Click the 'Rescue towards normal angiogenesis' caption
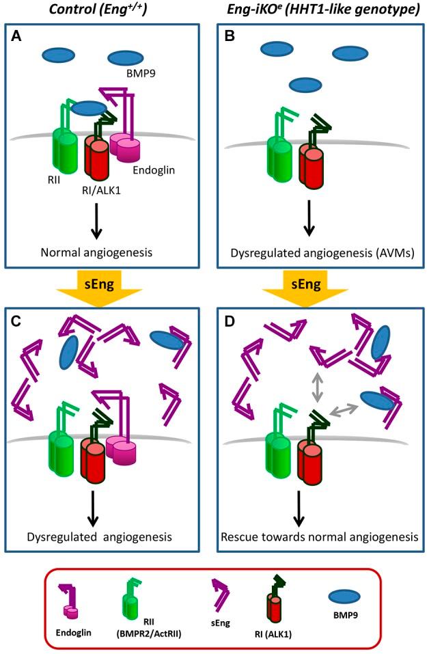pyautogui.click(x=320, y=537)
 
